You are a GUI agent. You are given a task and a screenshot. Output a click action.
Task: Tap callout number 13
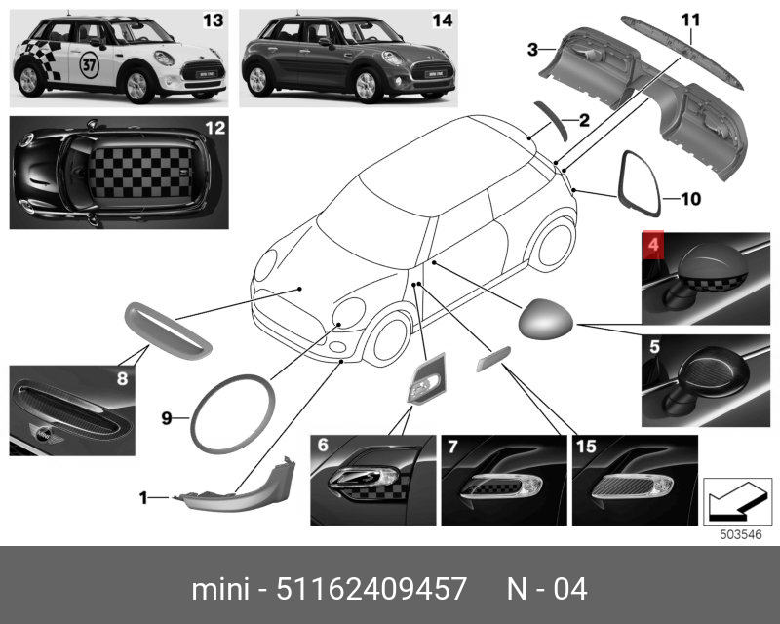pyautogui.click(x=210, y=20)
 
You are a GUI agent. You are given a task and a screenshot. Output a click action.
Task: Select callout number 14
pyautogui.click(x=442, y=20)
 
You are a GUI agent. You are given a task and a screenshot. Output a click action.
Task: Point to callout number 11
pyautogui.click(x=690, y=19)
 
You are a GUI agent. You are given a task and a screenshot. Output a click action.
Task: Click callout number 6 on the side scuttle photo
pyautogui.click(x=323, y=446)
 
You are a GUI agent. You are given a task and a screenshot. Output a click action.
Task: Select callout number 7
pyautogui.click(x=453, y=446)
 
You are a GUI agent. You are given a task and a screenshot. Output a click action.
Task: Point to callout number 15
pyautogui.click(x=586, y=446)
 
